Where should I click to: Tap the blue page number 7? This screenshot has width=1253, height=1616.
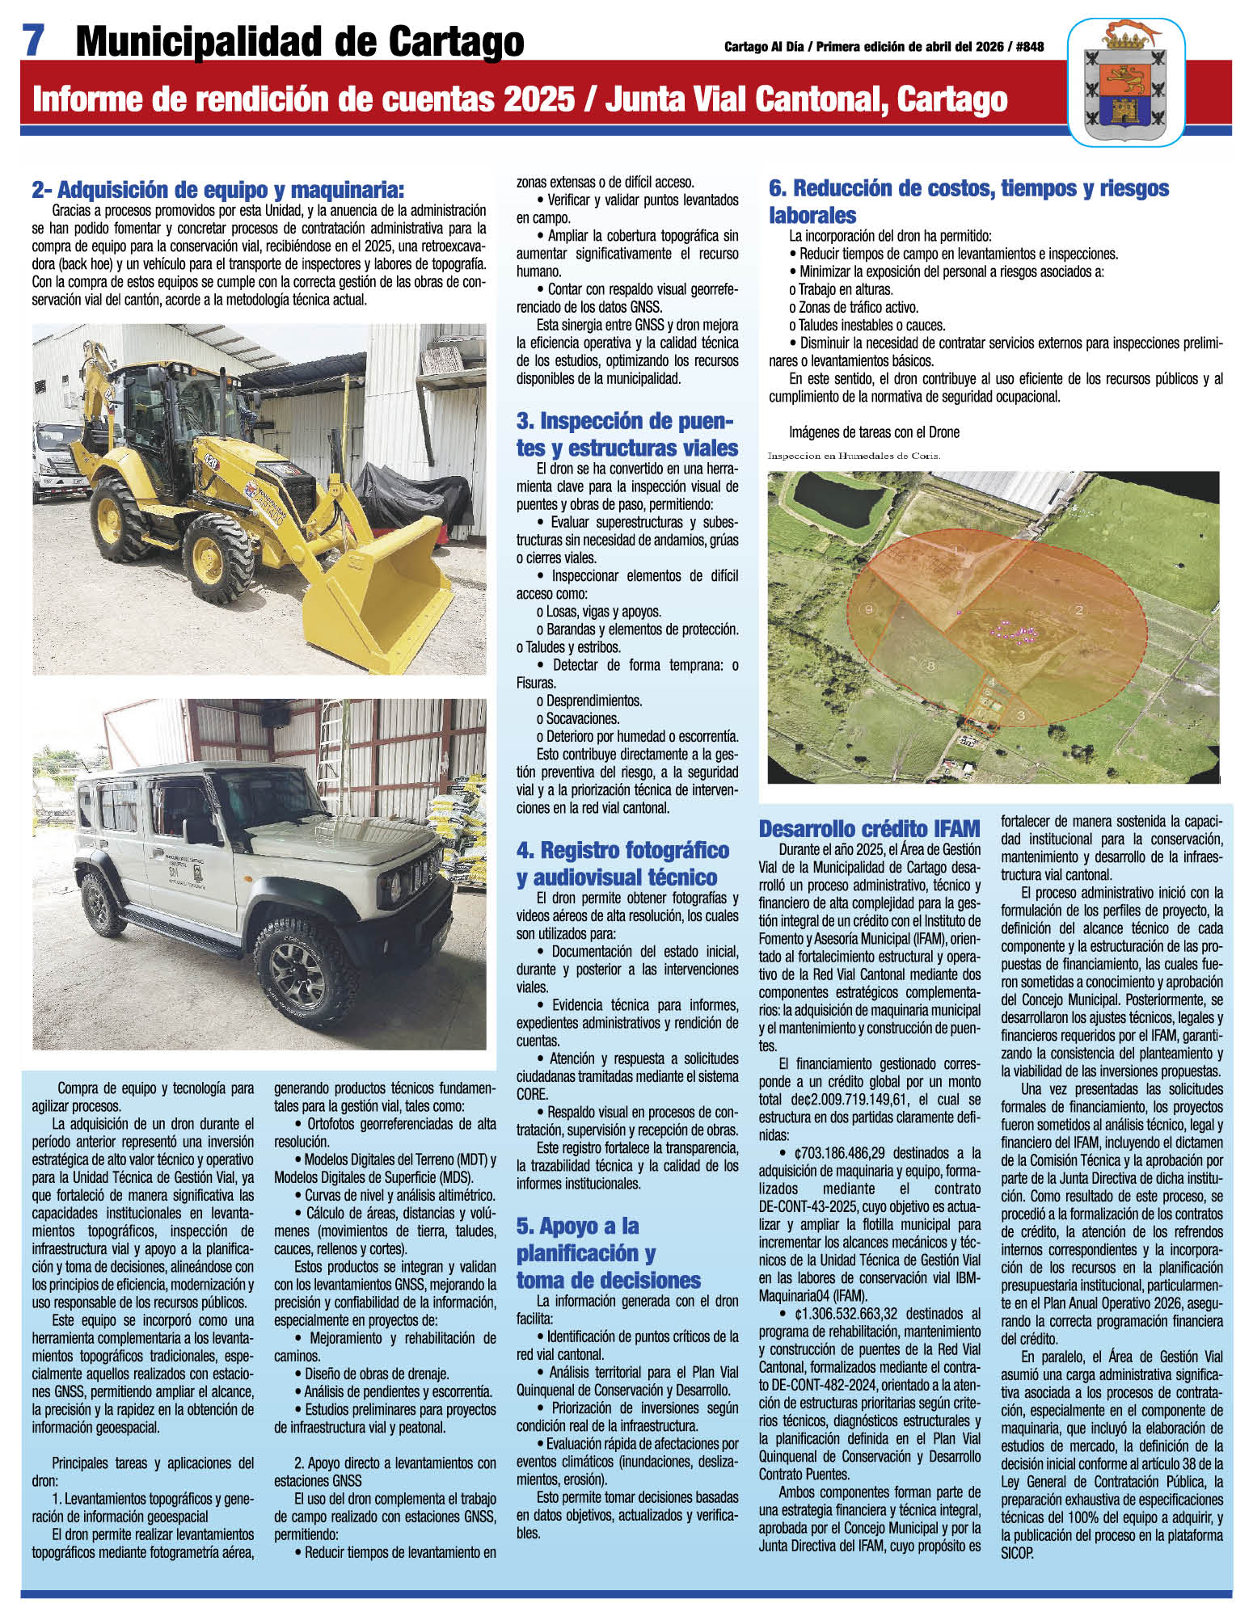(33, 40)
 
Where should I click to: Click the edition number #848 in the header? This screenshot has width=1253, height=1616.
(1027, 47)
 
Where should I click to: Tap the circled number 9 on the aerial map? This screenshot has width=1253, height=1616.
(870, 609)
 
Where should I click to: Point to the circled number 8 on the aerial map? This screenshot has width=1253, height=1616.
(930, 665)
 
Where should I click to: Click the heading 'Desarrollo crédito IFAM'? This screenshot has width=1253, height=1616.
(869, 828)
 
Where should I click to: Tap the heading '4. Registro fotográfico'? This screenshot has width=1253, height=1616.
(622, 850)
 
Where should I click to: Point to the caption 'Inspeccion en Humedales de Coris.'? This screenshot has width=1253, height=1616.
(854, 456)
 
